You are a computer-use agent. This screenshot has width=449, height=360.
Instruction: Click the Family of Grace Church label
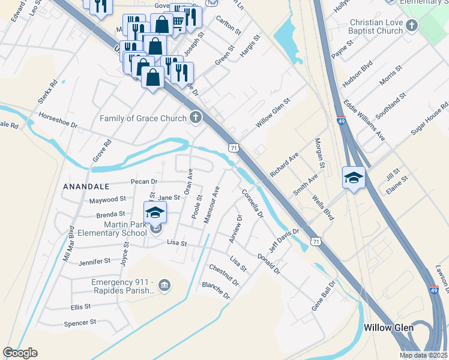(143, 118)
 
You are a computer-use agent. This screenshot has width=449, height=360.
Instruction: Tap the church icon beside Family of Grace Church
(195, 118)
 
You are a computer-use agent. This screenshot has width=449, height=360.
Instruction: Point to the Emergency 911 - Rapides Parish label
(122, 286)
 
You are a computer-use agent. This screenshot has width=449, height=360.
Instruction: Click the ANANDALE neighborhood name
(86, 187)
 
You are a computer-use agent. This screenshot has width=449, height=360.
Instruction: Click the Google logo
(20, 353)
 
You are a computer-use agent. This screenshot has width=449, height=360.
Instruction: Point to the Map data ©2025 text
(423, 355)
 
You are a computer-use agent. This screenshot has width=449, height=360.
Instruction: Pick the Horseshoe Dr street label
(58, 120)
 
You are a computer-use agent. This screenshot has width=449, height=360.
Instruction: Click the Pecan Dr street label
(143, 181)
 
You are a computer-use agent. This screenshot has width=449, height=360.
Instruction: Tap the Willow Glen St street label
(273, 113)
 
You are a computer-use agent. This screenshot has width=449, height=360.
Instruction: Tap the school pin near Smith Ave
(354, 178)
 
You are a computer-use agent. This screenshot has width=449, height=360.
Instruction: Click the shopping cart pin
(178, 21)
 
